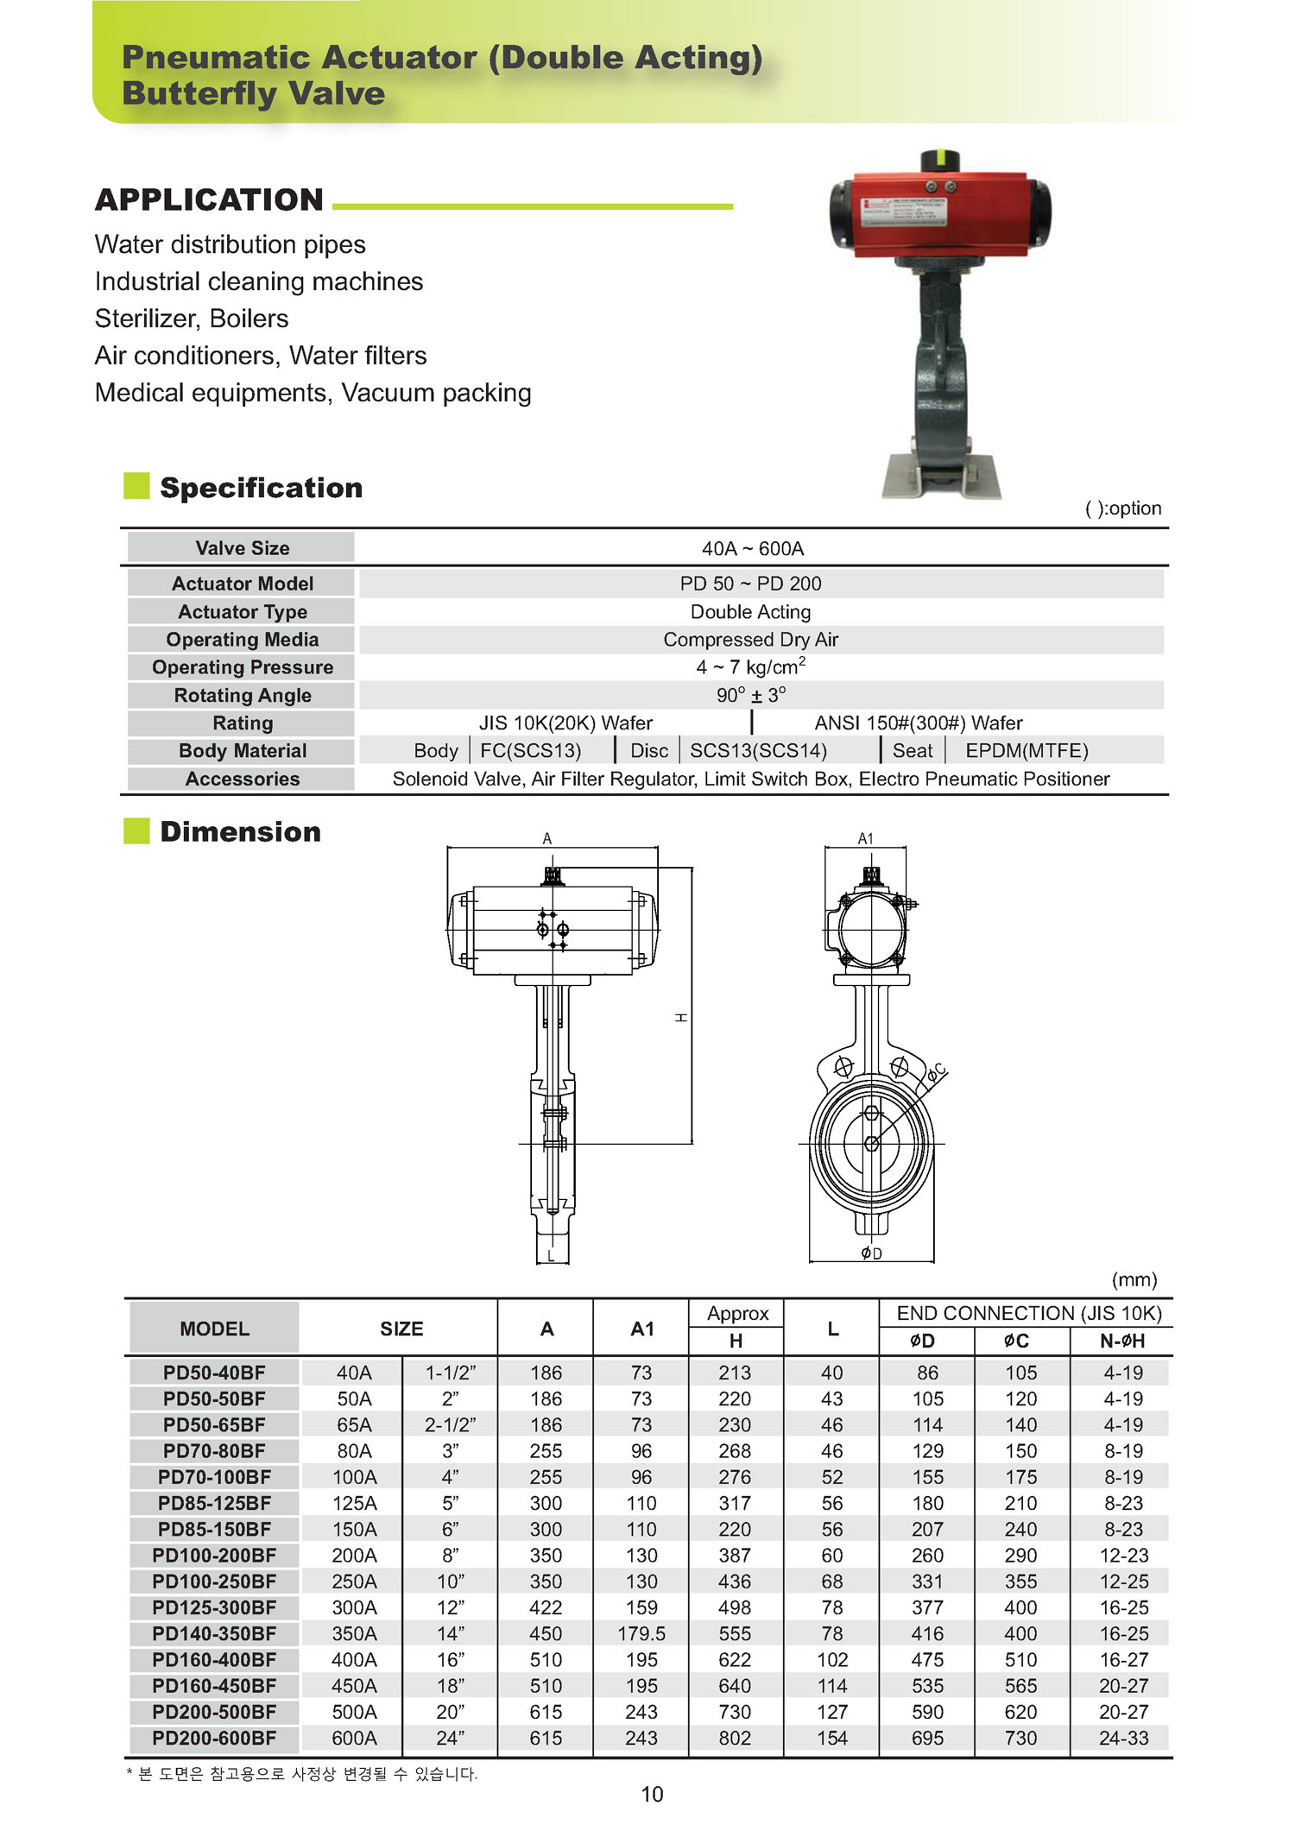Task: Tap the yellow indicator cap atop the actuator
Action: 939,161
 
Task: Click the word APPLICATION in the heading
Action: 210,200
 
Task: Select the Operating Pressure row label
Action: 243,667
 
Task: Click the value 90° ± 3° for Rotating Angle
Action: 751,695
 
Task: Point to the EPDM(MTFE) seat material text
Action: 1027,751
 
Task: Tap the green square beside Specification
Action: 136,486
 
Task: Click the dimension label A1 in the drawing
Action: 865,838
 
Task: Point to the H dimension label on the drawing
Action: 681,1018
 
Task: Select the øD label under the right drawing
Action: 872,1253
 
